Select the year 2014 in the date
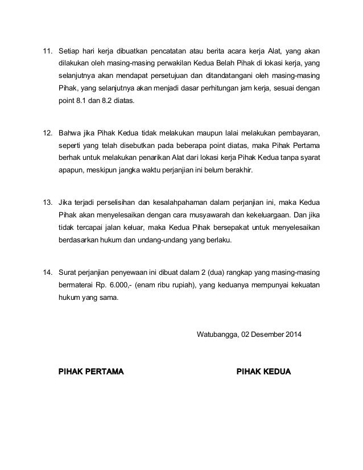pyautogui.click(x=294, y=333)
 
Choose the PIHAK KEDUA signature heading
pyautogui.click(x=263, y=372)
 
